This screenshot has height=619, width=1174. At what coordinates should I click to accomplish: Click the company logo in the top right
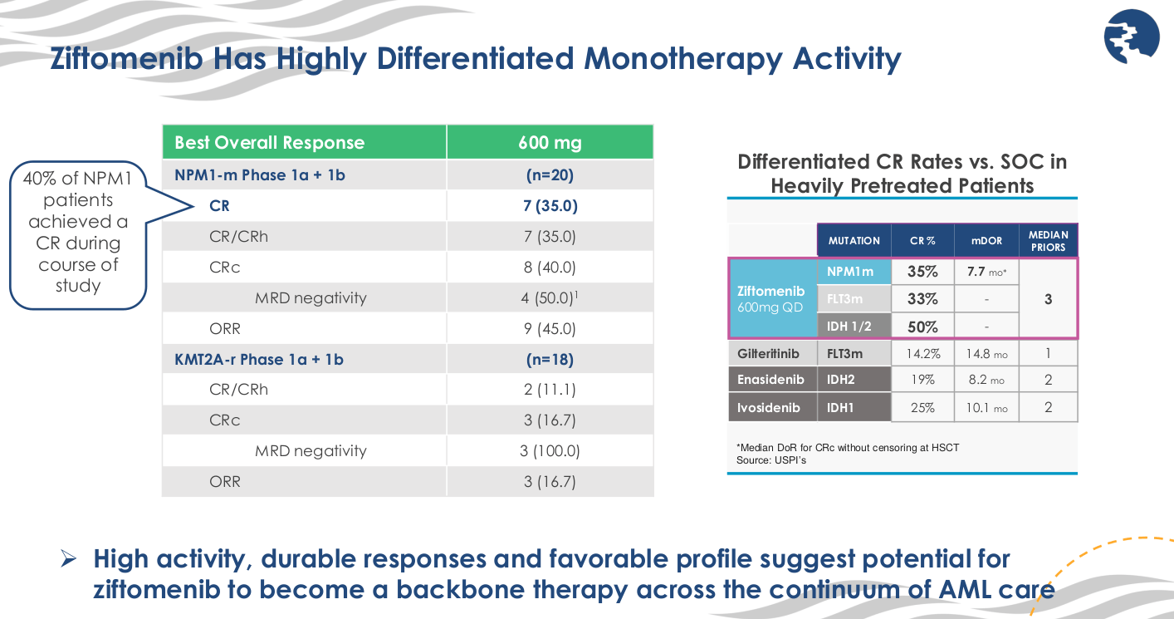click(x=1130, y=38)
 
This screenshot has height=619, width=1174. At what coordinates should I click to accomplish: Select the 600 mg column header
click(x=550, y=142)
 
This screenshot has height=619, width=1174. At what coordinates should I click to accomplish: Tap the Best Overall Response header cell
click(x=270, y=142)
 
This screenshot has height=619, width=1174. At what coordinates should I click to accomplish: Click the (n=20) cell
click(x=550, y=175)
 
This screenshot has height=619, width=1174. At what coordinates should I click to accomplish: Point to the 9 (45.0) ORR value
click(x=550, y=328)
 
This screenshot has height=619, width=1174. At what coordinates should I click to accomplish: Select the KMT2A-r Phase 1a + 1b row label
click(x=259, y=359)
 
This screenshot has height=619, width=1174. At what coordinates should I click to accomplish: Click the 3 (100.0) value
click(x=550, y=450)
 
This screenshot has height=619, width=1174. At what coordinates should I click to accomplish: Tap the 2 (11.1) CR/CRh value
click(x=550, y=390)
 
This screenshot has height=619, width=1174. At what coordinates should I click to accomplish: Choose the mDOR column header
click(x=986, y=241)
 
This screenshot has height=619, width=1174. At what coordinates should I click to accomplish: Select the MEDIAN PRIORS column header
click(x=1048, y=241)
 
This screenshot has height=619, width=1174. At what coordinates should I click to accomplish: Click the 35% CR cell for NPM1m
click(x=922, y=272)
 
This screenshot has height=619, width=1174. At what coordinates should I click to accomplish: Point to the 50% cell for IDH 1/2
click(x=922, y=327)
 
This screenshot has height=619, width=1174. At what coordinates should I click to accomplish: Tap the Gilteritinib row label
click(x=768, y=353)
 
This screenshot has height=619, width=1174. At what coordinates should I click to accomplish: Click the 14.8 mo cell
click(x=986, y=353)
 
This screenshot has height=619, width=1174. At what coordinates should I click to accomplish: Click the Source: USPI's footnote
click(x=771, y=459)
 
